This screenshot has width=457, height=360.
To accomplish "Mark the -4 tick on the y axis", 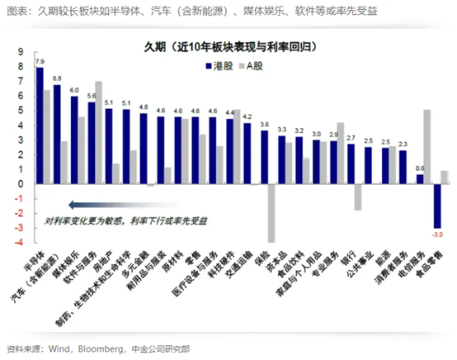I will click(17, 242).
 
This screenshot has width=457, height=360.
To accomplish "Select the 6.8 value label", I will click(57, 78).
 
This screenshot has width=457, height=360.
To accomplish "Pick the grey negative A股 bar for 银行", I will click(358, 197).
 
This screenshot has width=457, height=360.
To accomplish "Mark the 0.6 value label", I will click(420, 168).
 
